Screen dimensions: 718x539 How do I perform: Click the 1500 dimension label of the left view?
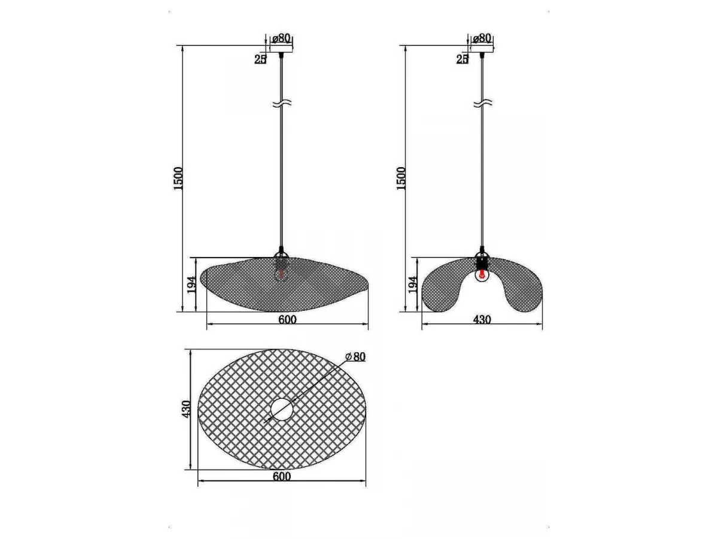coord(178,178)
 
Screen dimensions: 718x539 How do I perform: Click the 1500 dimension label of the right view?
coord(401,178)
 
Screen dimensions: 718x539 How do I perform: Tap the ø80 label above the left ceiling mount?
coord(281,38)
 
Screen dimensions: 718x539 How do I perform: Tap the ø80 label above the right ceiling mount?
coord(482,38)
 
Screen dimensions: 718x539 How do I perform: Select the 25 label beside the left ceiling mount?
coord(260,59)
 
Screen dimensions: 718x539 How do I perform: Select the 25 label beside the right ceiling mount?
coord(462,59)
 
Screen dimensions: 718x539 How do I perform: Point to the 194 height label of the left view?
coord(191,284)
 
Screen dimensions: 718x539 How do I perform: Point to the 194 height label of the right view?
coord(413,284)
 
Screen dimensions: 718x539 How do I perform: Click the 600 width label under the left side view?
coord(288,319)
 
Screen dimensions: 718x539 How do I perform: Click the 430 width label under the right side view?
coord(482,319)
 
